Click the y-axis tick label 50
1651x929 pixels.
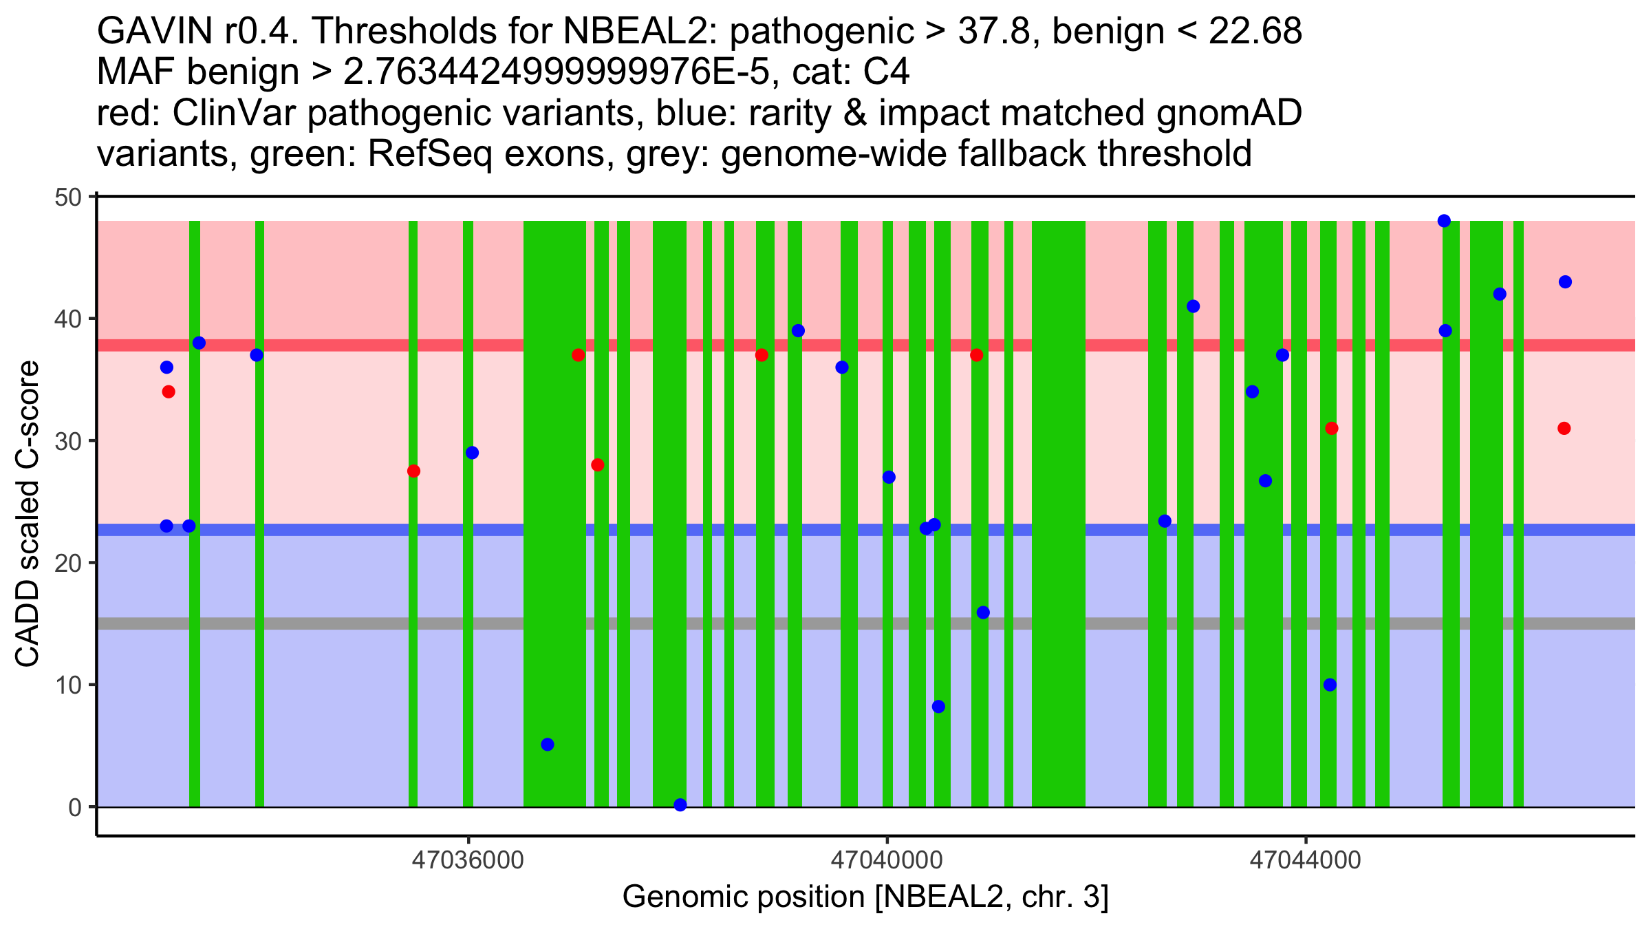coord(67,197)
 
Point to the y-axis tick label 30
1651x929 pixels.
coord(67,441)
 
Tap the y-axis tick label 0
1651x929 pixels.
coord(75,807)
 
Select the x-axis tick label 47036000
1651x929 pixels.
coord(468,861)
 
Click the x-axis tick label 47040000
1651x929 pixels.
coord(886,861)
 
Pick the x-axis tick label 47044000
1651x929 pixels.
coord(1305,861)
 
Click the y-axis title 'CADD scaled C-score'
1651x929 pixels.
coord(28,515)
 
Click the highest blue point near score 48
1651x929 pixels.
coord(1444,221)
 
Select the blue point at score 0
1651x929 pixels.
coord(680,805)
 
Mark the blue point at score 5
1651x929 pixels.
coord(548,745)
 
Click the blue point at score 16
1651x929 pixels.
coord(983,612)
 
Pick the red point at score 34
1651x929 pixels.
coord(169,392)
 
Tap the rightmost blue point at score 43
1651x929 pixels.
coord(1565,282)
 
